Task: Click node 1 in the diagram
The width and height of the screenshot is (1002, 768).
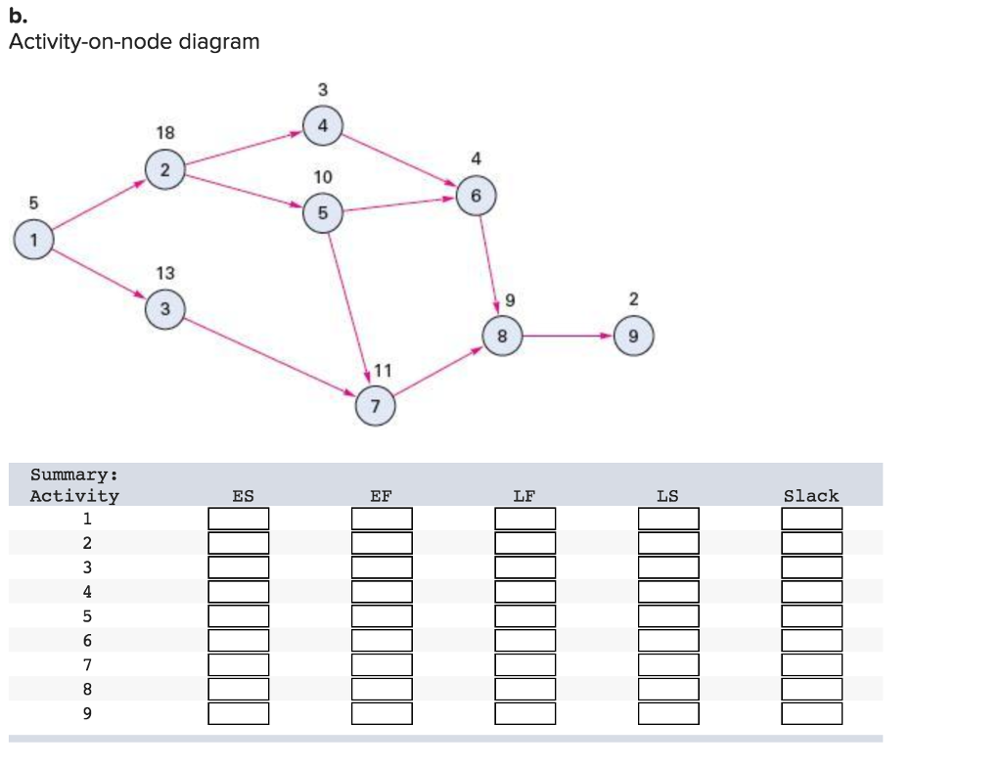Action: coord(35,238)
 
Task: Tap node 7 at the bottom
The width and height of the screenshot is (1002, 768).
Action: coord(377,405)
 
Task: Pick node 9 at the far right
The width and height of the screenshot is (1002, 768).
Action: coord(634,337)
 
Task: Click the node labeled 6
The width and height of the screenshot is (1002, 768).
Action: coord(477,196)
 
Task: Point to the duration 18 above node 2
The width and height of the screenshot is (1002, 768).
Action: coord(165,132)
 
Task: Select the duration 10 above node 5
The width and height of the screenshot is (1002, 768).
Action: coord(323,177)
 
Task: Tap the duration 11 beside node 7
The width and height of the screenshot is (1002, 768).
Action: coord(383,370)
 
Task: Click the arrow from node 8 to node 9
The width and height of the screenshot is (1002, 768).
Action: coord(568,337)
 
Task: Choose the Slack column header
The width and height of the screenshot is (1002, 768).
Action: coord(811,496)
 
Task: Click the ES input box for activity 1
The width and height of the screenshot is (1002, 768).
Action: coord(238,519)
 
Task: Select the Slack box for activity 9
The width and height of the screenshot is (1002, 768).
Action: coord(811,713)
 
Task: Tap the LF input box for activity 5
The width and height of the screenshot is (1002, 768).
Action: coord(524,616)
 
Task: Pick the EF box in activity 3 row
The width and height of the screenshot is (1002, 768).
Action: coord(382,567)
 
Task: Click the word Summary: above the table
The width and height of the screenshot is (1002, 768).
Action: coord(74,474)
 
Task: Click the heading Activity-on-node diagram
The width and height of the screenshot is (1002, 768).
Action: coord(134,42)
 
